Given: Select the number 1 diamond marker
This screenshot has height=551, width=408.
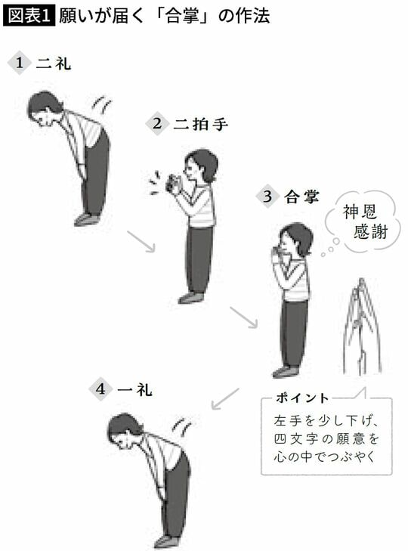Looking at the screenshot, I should (x=19, y=63).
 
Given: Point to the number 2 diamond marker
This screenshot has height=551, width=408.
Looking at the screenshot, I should (x=157, y=124).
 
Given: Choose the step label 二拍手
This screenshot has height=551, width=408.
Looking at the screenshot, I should (x=199, y=124).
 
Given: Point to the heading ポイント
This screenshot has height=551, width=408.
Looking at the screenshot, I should (x=302, y=398).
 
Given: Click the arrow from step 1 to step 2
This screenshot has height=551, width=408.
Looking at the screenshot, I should (x=141, y=241).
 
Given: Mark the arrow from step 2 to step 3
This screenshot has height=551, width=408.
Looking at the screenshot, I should (x=243, y=317).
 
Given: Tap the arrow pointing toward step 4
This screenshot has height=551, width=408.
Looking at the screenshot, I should (x=224, y=398).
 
